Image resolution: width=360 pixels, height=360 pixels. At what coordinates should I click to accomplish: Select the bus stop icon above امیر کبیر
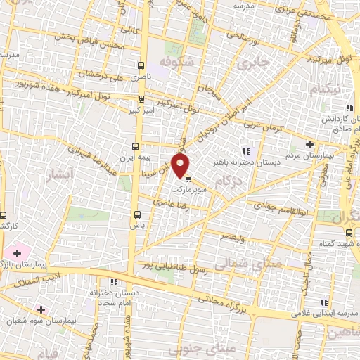[142, 99]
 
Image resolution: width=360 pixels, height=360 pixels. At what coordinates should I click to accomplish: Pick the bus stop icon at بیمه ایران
[138, 147]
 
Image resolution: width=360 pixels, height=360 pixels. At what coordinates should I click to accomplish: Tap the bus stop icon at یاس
[137, 214]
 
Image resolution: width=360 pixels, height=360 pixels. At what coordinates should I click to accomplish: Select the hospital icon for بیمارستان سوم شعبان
[41, 309]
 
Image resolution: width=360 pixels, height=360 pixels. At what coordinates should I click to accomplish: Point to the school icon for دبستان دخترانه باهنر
[245, 150]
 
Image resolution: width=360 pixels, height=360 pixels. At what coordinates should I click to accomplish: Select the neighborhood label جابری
[253, 63]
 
